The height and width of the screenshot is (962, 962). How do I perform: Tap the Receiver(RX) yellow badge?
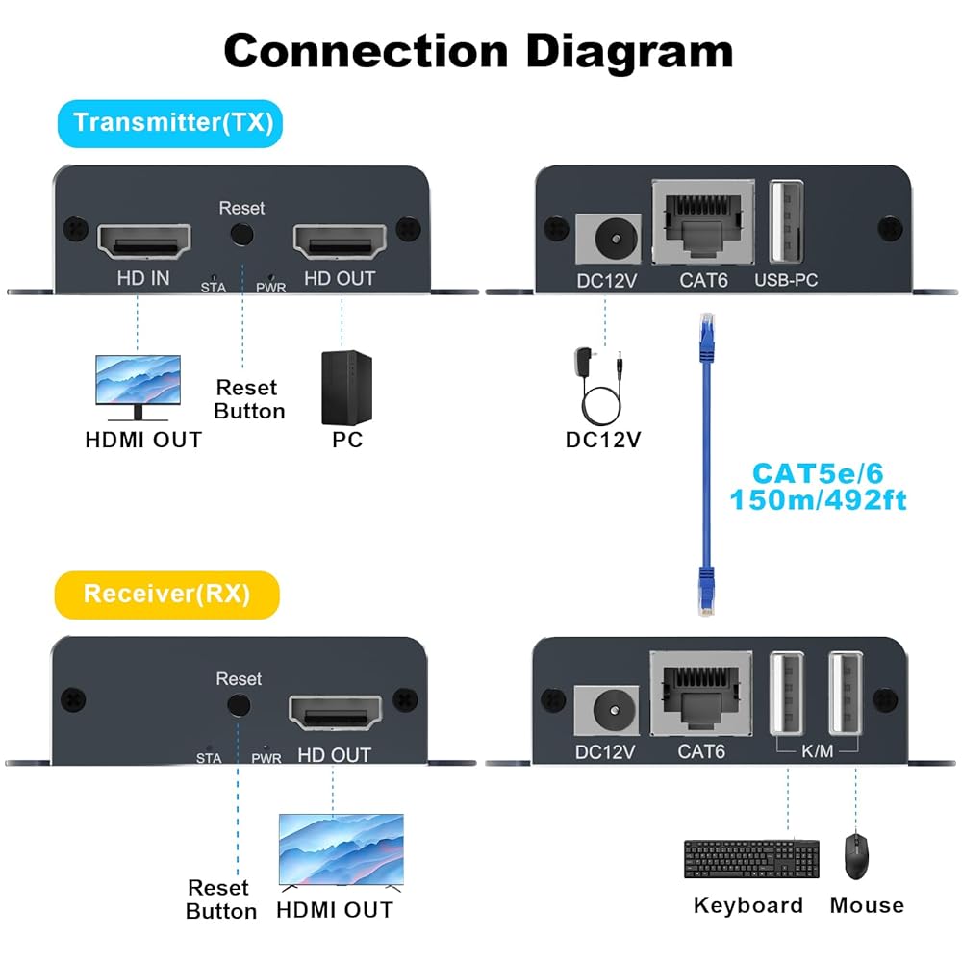point(166,594)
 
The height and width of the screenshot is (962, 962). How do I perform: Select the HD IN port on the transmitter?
point(143,241)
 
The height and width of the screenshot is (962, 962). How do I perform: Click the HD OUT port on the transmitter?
point(339,241)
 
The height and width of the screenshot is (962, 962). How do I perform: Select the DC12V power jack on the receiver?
point(606,710)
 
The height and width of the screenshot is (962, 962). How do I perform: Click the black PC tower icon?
point(345,387)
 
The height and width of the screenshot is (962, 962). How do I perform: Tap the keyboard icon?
point(752,858)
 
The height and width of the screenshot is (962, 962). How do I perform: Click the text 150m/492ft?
point(818,500)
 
